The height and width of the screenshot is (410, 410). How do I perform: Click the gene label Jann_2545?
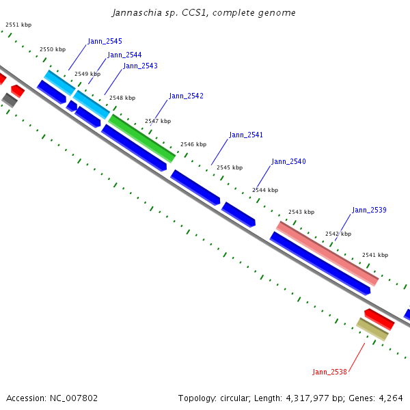[105, 42]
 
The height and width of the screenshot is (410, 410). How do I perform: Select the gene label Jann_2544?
[124, 55]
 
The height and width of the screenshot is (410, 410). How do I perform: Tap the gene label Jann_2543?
[140, 66]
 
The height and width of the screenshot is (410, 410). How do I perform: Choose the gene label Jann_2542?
[186, 96]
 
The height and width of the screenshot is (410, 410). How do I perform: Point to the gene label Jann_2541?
[246, 135]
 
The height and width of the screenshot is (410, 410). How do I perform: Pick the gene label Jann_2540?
[288, 162]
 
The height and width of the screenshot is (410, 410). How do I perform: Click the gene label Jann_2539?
[369, 210]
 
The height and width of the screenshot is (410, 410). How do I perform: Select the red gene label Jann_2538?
[329, 372]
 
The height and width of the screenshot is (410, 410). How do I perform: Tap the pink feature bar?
[327, 253]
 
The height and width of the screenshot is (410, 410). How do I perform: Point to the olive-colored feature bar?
[372, 329]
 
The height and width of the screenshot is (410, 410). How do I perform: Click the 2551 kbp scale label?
[18, 25]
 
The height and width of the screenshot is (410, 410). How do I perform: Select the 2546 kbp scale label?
[193, 145]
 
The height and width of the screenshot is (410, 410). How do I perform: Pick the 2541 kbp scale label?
[375, 256]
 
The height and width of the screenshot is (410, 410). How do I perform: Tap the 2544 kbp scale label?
[265, 191]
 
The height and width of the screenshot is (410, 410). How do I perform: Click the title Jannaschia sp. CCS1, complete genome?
[204, 13]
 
